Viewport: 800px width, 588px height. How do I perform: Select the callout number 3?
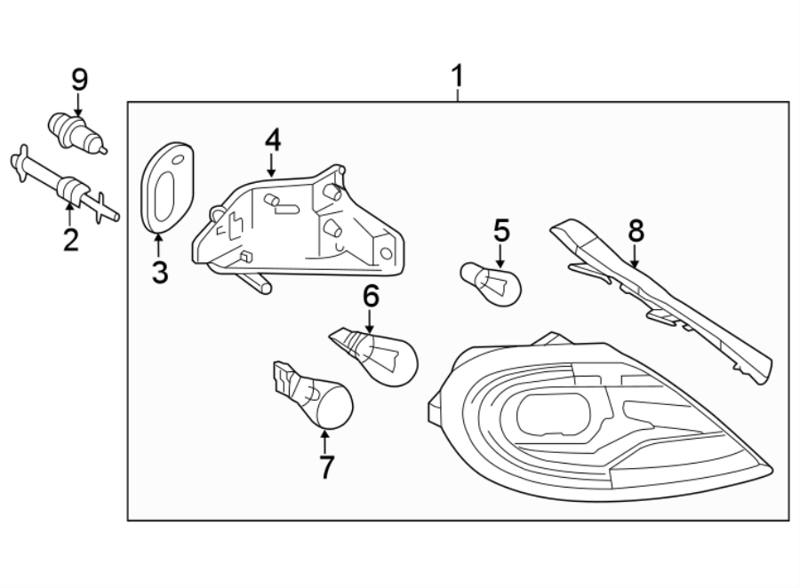coord(160,272)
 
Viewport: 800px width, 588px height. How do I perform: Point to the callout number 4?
coord(272,139)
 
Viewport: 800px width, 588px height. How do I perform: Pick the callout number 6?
coord(371,295)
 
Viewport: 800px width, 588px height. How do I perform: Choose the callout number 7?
coord(325,465)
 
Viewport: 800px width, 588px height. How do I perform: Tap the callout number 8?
coord(636,231)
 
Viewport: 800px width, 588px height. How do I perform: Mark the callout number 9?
coord(79,80)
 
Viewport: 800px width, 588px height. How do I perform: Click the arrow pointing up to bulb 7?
coord(324,439)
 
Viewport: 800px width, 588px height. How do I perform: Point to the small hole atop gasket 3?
coord(177,160)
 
